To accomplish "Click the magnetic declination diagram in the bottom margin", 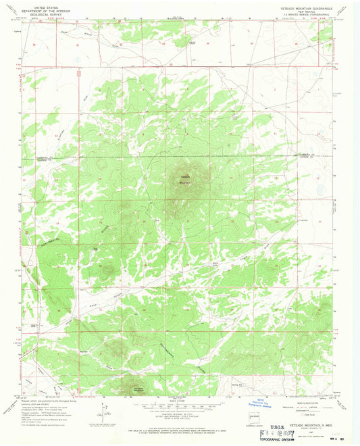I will click(x=103, y=410).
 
